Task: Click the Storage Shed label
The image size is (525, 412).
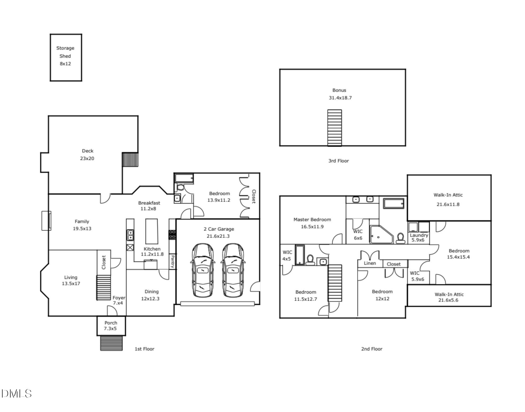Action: (65, 52)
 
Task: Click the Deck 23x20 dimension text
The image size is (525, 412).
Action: (87, 158)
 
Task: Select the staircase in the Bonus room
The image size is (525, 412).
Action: (334, 128)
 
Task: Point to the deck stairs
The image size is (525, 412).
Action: (130, 159)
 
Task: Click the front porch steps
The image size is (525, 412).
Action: (111, 343)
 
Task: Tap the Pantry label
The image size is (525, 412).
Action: (173, 261)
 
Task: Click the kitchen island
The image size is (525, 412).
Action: (152, 231)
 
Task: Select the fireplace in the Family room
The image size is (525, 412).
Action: (46, 220)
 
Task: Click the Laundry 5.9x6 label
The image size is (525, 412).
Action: (418, 238)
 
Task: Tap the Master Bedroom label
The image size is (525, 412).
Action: (312, 219)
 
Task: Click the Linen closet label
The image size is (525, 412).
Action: (370, 263)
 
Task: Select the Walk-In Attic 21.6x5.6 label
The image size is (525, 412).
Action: (449, 297)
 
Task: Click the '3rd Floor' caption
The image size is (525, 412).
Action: (338, 161)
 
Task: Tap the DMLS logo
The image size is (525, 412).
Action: (16, 394)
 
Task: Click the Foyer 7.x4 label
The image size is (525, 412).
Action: (118, 300)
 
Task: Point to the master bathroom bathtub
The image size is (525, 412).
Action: (393, 203)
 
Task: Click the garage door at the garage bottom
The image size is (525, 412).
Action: (217, 304)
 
